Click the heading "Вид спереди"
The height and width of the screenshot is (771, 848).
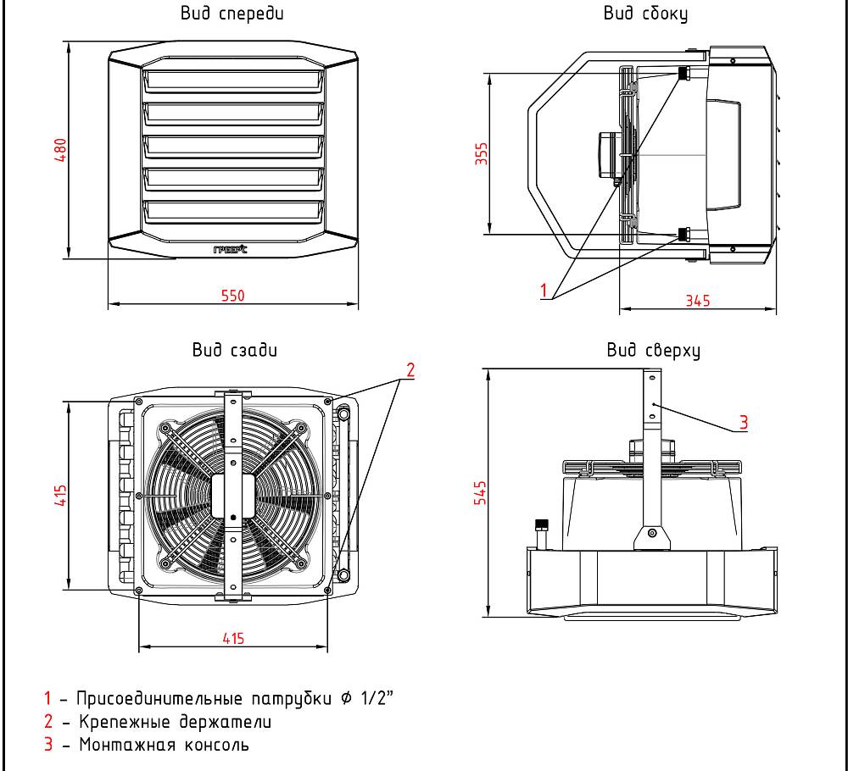tap(232, 14)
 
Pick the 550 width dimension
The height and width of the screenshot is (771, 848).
tap(232, 296)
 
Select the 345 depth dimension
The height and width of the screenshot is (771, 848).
tap(698, 301)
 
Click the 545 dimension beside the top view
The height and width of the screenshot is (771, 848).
tap(481, 492)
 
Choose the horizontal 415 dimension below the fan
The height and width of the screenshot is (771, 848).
tap(232, 640)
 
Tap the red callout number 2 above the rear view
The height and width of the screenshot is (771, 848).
tap(410, 369)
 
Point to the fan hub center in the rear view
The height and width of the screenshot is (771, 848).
tap(232, 495)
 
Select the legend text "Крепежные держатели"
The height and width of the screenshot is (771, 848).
tap(176, 723)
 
